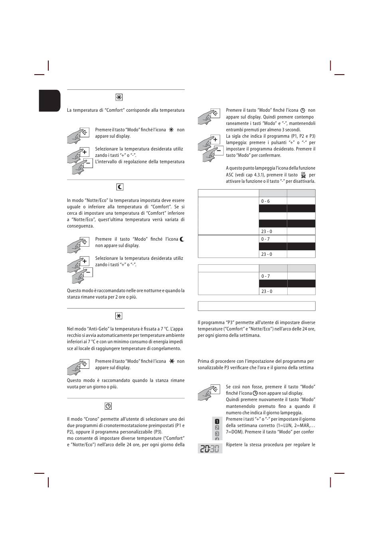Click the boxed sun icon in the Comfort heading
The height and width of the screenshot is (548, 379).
119,97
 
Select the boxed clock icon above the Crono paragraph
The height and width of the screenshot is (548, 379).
108,406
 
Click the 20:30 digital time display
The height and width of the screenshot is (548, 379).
210,448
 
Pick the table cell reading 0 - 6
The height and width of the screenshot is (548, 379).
266,201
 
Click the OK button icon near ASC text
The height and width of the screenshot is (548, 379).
303,175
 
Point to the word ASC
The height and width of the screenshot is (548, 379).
230,175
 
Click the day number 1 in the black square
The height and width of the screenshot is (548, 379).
217,421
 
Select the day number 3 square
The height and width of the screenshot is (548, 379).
217,434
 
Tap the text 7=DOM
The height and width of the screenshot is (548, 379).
233,432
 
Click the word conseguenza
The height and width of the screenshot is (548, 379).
81,226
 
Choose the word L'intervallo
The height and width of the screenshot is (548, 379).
106,162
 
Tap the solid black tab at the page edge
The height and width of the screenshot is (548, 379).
49,101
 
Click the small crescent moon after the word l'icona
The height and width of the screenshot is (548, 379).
182,239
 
